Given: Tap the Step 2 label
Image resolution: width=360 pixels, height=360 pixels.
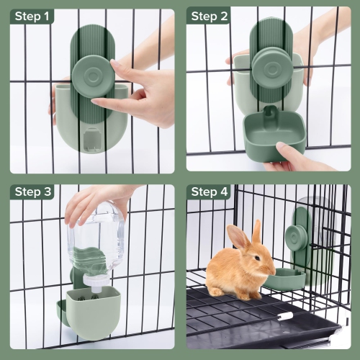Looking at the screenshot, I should point(210,16).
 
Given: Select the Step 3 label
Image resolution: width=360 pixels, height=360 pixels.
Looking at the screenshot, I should point(32,192).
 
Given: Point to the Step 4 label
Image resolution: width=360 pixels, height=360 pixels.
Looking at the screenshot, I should point(210,192).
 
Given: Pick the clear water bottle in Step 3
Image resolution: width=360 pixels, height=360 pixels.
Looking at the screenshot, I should point(96,241).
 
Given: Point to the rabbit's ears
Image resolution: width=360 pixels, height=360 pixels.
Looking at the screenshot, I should point(245,235).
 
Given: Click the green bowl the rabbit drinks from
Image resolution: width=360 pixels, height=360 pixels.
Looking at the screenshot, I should point(284,279).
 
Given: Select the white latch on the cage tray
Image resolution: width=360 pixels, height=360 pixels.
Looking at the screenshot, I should point(285,315).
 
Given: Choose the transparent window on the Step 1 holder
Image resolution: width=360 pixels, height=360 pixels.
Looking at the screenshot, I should point(92,138).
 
